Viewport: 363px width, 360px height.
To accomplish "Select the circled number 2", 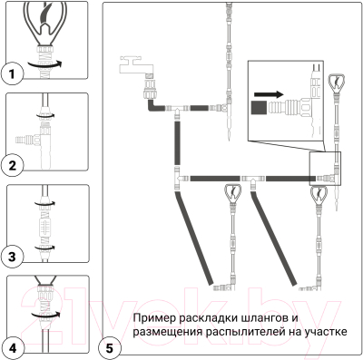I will coord(12,165).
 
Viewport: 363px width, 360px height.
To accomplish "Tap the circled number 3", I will coord(12,257).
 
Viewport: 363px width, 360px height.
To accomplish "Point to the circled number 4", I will coord(12,346).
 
